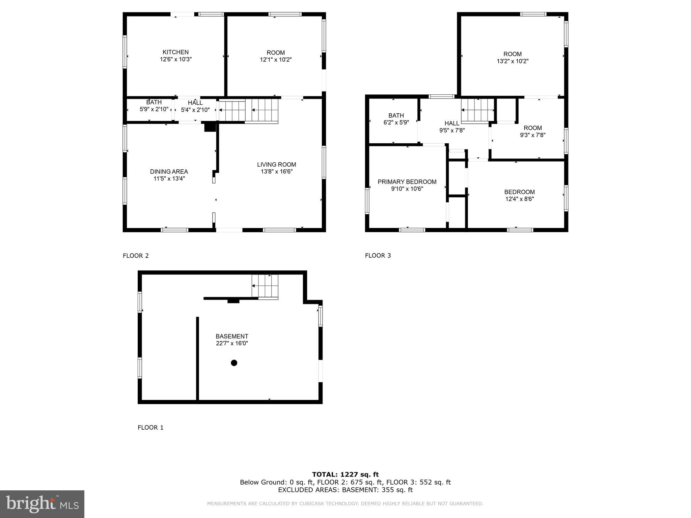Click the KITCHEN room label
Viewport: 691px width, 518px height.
[x=175, y=52]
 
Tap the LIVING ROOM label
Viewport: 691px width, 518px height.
[x=276, y=165]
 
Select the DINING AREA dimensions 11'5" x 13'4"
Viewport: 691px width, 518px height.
[x=169, y=179]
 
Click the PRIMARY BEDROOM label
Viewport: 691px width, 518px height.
[x=407, y=182]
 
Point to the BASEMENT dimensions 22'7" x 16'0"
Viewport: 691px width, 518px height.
[x=232, y=343]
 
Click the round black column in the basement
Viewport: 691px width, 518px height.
[x=234, y=363]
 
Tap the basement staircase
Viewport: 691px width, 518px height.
[x=265, y=286]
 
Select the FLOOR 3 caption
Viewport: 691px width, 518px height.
[x=378, y=255]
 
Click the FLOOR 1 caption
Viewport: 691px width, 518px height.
[x=150, y=427]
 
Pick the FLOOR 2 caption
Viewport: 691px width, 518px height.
[x=136, y=256]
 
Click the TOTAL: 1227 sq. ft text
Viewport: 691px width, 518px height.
[x=345, y=474]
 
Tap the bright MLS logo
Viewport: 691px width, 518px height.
[x=42, y=504]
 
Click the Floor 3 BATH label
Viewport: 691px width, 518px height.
[x=396, y=116]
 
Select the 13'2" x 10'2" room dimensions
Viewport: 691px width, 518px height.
[x=512, y=61]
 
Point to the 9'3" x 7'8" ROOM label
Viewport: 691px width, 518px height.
[x=532, y=128]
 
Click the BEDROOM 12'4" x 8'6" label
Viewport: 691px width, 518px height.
[x=519, y=192]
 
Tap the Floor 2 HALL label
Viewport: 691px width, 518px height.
[x=195, y=103]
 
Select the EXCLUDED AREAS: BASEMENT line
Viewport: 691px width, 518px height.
[x=345, y=490]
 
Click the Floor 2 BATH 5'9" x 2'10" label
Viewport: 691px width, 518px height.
[x=154, y=103]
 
